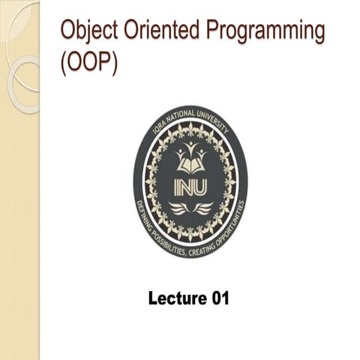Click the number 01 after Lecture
tap(216, 298)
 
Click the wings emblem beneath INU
tap(190, 207)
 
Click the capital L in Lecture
tap(154, 298)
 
